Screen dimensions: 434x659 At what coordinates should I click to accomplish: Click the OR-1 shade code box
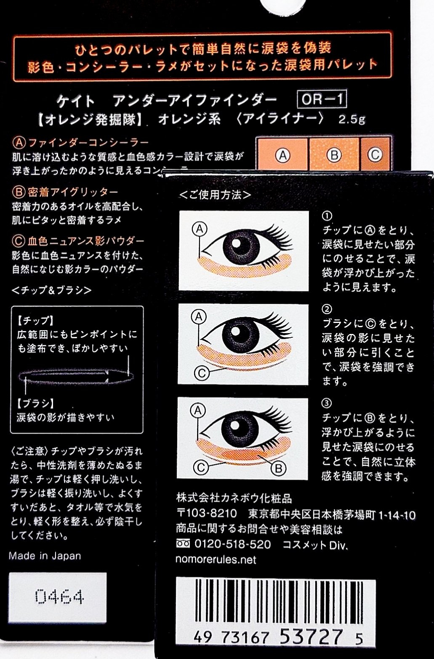tap(322, 99)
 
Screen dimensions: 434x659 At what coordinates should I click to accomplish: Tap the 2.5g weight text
tap(351, 120)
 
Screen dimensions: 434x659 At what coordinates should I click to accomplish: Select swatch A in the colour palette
tap(282, 155)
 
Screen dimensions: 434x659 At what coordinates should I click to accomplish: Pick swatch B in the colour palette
tap(334, 155)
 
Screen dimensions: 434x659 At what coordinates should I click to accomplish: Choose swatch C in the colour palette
tap(375, 155)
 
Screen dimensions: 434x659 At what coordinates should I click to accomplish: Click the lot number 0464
tap(59, 597)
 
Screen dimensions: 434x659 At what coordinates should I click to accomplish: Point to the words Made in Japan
tap(45, 556)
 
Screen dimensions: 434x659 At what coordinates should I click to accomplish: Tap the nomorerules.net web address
tap(216, 559)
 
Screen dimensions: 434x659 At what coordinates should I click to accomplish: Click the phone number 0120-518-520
tap(232, 544)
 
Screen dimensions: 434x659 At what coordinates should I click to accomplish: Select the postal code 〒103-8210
tap(206, 513)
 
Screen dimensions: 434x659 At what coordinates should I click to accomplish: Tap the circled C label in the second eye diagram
tap(202, 373)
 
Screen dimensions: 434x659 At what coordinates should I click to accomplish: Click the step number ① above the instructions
tap(327, 216)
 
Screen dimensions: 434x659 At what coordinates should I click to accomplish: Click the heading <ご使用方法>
tap(215, 195)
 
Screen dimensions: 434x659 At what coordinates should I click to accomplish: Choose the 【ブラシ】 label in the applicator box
tap(35, 403)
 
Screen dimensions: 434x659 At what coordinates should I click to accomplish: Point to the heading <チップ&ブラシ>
tap(51, 291)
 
